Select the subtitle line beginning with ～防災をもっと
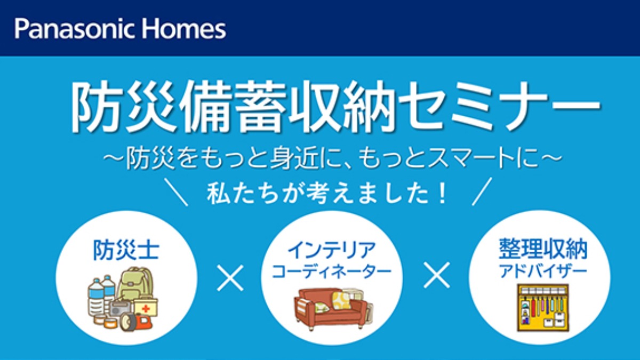(x=333, y=158)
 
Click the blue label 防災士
(x=126, y=250)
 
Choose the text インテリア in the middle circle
(x=331, y=250)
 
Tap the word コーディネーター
(x=331, y=271)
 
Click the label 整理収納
(x=543, y=249)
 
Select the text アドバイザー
(x=543, y=271)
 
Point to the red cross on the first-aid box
(x=146, y=309)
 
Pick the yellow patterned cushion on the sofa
(x=341, y=300)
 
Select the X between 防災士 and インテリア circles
(x=230, y=278)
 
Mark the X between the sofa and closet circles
(x=436, y=275)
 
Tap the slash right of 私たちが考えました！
(x=482, y=191)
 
